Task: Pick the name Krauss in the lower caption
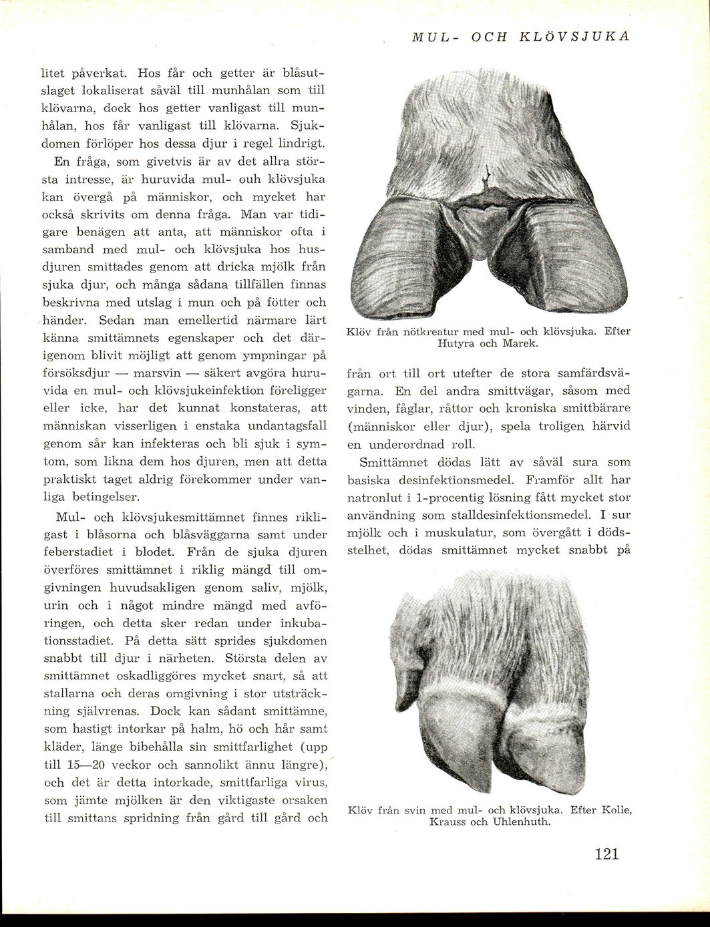click(448, 821)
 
